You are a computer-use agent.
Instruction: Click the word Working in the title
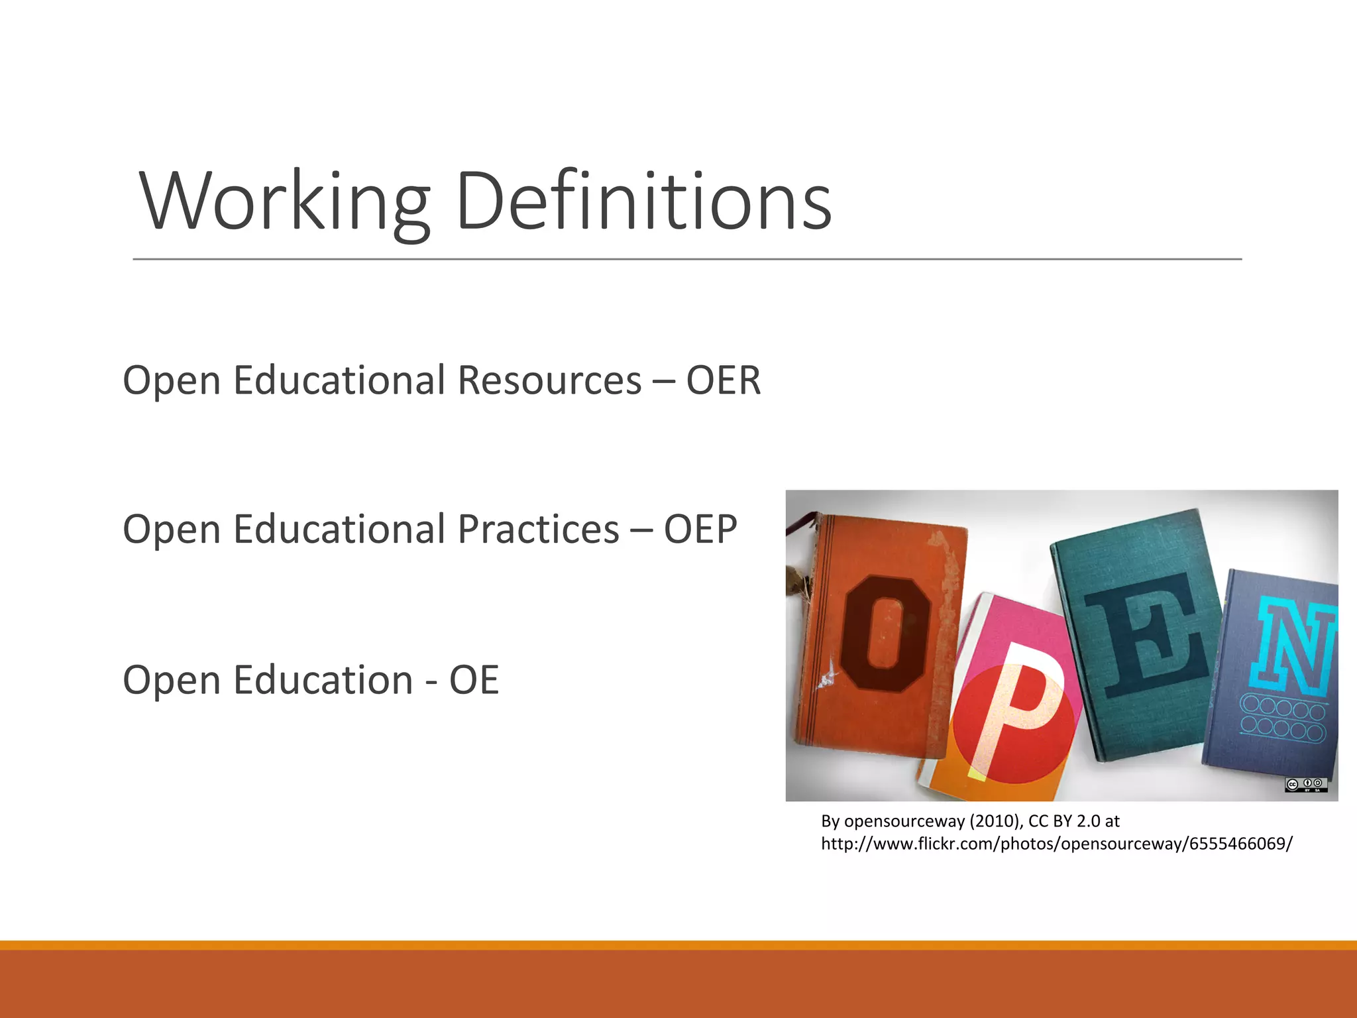tap(285, 201)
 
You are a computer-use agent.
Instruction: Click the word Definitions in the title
tap(643, 201)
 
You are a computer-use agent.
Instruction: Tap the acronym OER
tap(724, 380)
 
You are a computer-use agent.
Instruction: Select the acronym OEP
tap(700, 530)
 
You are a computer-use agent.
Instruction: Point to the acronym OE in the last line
tap(474, 680)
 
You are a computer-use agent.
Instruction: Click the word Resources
tap(549, 380)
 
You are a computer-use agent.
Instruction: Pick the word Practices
tap(538, 530)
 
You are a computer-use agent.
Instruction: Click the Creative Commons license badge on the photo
tap(1306, 785)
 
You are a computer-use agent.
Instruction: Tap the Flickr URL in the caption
tap(1057, 844)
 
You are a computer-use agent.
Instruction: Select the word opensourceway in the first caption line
tap(904, 821)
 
